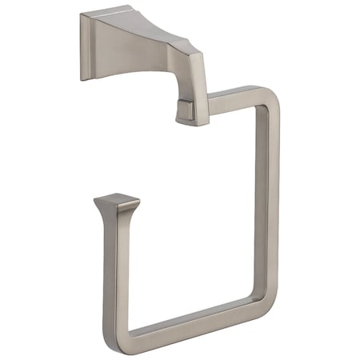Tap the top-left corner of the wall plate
82,13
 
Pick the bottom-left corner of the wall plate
82,79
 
